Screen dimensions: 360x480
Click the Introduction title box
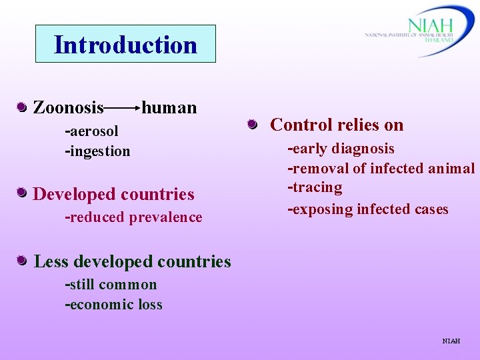tap(125, 44)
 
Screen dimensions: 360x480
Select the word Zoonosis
tap(68, 107)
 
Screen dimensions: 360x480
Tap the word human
tap(169, 107)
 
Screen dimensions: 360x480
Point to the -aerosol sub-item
tap(91, 131)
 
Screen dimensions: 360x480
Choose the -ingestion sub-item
tap(97, 151)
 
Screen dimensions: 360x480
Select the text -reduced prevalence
tap(133, 217)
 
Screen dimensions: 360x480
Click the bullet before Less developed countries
tap(22, 261)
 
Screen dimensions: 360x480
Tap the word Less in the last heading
tap(51, 261)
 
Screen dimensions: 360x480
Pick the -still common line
tap(111, 285)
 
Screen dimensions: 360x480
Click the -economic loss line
tap(113, 305)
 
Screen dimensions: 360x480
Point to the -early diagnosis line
tap(341, 148)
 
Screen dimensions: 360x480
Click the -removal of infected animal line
tap(381, 168)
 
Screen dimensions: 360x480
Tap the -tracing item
tap(315, 188)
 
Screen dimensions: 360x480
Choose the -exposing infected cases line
tap(367, 209)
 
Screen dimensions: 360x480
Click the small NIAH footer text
tap(451, 341)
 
